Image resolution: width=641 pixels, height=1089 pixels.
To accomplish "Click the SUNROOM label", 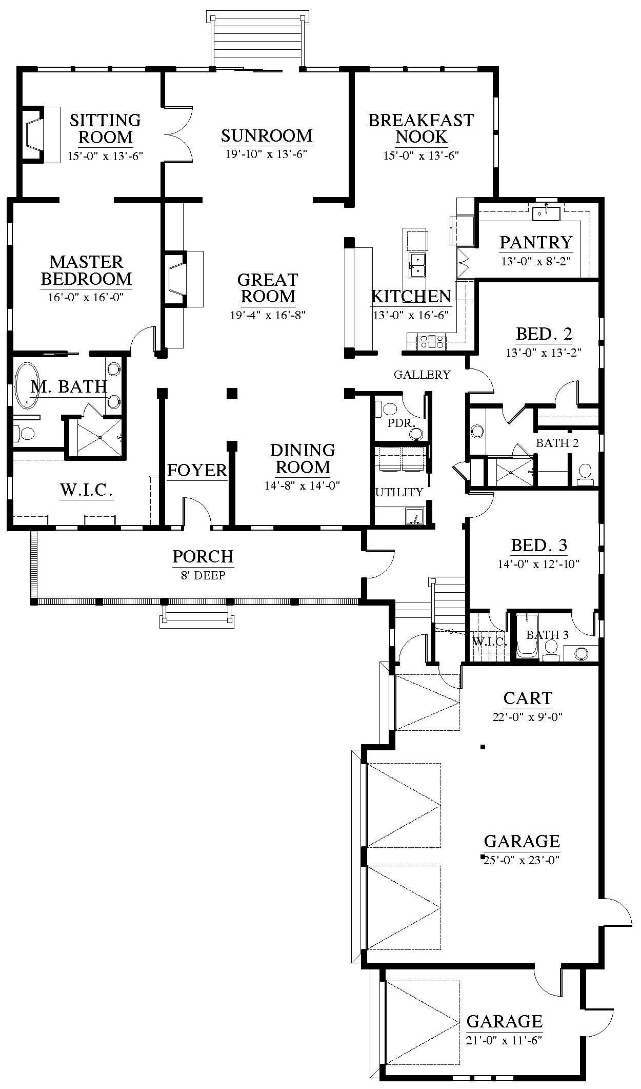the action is [267, 136].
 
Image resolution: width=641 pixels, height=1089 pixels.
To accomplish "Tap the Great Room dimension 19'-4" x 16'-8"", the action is [268, 315].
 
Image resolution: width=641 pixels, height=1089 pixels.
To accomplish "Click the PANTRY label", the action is [536, 242].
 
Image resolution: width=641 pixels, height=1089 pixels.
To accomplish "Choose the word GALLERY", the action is [422, 375].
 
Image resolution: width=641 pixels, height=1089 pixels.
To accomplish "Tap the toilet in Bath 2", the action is [585, 473].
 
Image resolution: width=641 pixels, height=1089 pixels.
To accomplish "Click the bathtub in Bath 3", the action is [526, 636].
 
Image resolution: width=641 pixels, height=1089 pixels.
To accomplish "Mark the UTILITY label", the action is [399, 493].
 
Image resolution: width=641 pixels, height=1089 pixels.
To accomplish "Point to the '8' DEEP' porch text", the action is [203, 575].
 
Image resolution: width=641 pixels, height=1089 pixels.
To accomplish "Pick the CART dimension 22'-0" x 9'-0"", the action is [528, 717].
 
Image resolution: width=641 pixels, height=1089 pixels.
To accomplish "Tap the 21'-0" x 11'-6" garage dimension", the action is [505, 1040].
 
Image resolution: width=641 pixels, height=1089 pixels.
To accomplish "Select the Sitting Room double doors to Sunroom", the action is [178, 135].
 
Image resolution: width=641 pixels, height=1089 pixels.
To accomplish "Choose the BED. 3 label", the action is [539, 545].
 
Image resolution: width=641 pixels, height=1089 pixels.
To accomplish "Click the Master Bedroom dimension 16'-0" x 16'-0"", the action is [86, 297].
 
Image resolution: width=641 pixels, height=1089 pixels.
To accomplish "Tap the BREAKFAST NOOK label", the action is [421, 129].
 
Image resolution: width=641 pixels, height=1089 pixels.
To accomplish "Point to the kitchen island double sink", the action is [416, 265].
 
